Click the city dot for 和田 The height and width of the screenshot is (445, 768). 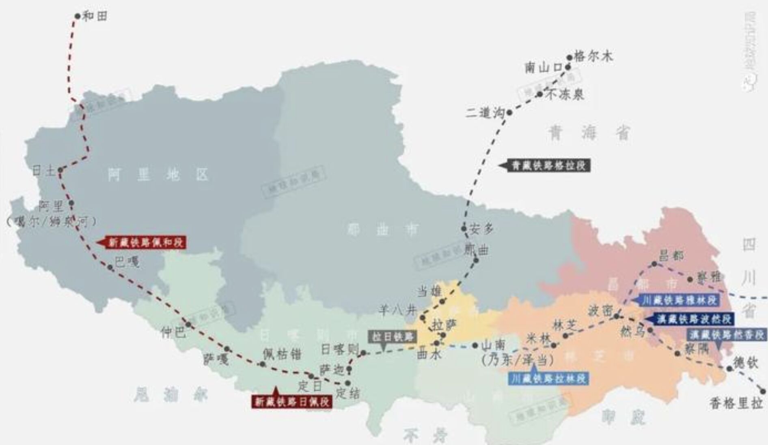[78, 16]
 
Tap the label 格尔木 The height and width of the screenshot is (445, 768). [593, 56]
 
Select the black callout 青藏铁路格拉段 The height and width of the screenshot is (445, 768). [549, 165]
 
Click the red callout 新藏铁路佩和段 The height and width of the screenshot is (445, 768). [146, 242]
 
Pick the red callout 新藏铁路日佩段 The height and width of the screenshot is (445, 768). [291, 402]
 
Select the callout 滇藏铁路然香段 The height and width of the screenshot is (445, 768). [727, 335]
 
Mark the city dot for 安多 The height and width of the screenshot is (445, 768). [464, 229]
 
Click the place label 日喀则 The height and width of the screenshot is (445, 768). [339, 349]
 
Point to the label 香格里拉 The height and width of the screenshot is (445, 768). [736, 404]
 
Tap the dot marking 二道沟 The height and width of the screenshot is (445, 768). [510, 112]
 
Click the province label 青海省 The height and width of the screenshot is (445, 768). [589, 133]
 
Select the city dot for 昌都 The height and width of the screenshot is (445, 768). [654, 264]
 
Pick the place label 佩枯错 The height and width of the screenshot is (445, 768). [282, 354]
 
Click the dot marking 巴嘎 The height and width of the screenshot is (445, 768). [110, 267]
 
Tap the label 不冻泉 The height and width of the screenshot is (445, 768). [565, 95]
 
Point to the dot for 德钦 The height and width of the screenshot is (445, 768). [729, 369]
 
